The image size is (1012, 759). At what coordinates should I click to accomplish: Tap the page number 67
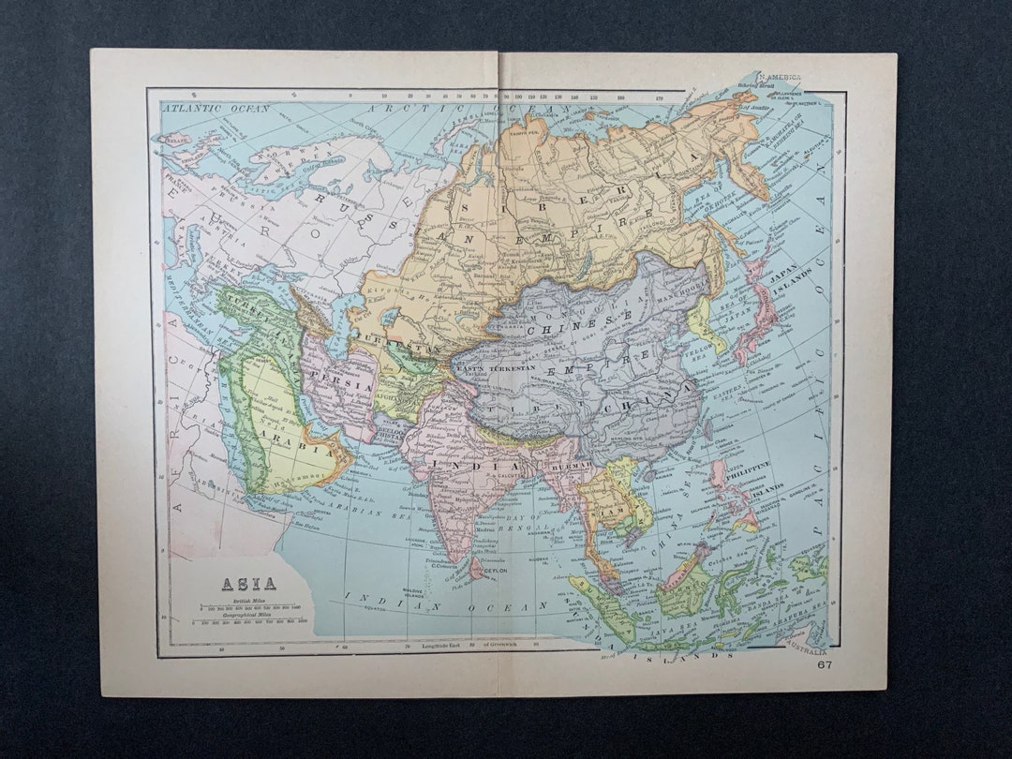click(x=824, y=664)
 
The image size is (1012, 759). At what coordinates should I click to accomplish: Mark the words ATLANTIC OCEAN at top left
click(x=216, y=109)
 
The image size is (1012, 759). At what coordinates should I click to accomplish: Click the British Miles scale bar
click(x=247, y=610)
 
